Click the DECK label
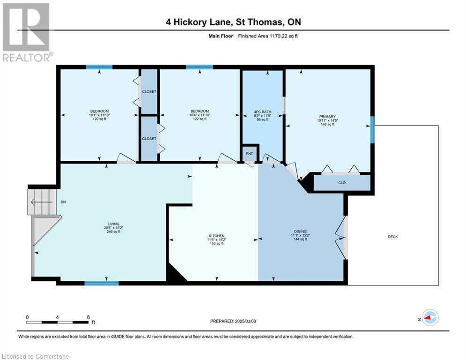click(392, 237)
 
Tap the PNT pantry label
click(249, 153)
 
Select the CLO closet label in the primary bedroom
click(342, 183)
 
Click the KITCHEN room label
click(216, 236)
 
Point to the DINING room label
click(300, 232)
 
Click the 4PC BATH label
click(262, 112)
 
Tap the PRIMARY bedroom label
click(327, 117)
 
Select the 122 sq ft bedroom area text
click(200, 119)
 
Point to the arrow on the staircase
click(39, 202)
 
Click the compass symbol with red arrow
click(429, 318)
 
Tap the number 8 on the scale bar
click(88, 317)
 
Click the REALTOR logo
click(26, 32)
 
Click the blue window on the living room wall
click(101, 283)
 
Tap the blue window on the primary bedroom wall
click(372, 129)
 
